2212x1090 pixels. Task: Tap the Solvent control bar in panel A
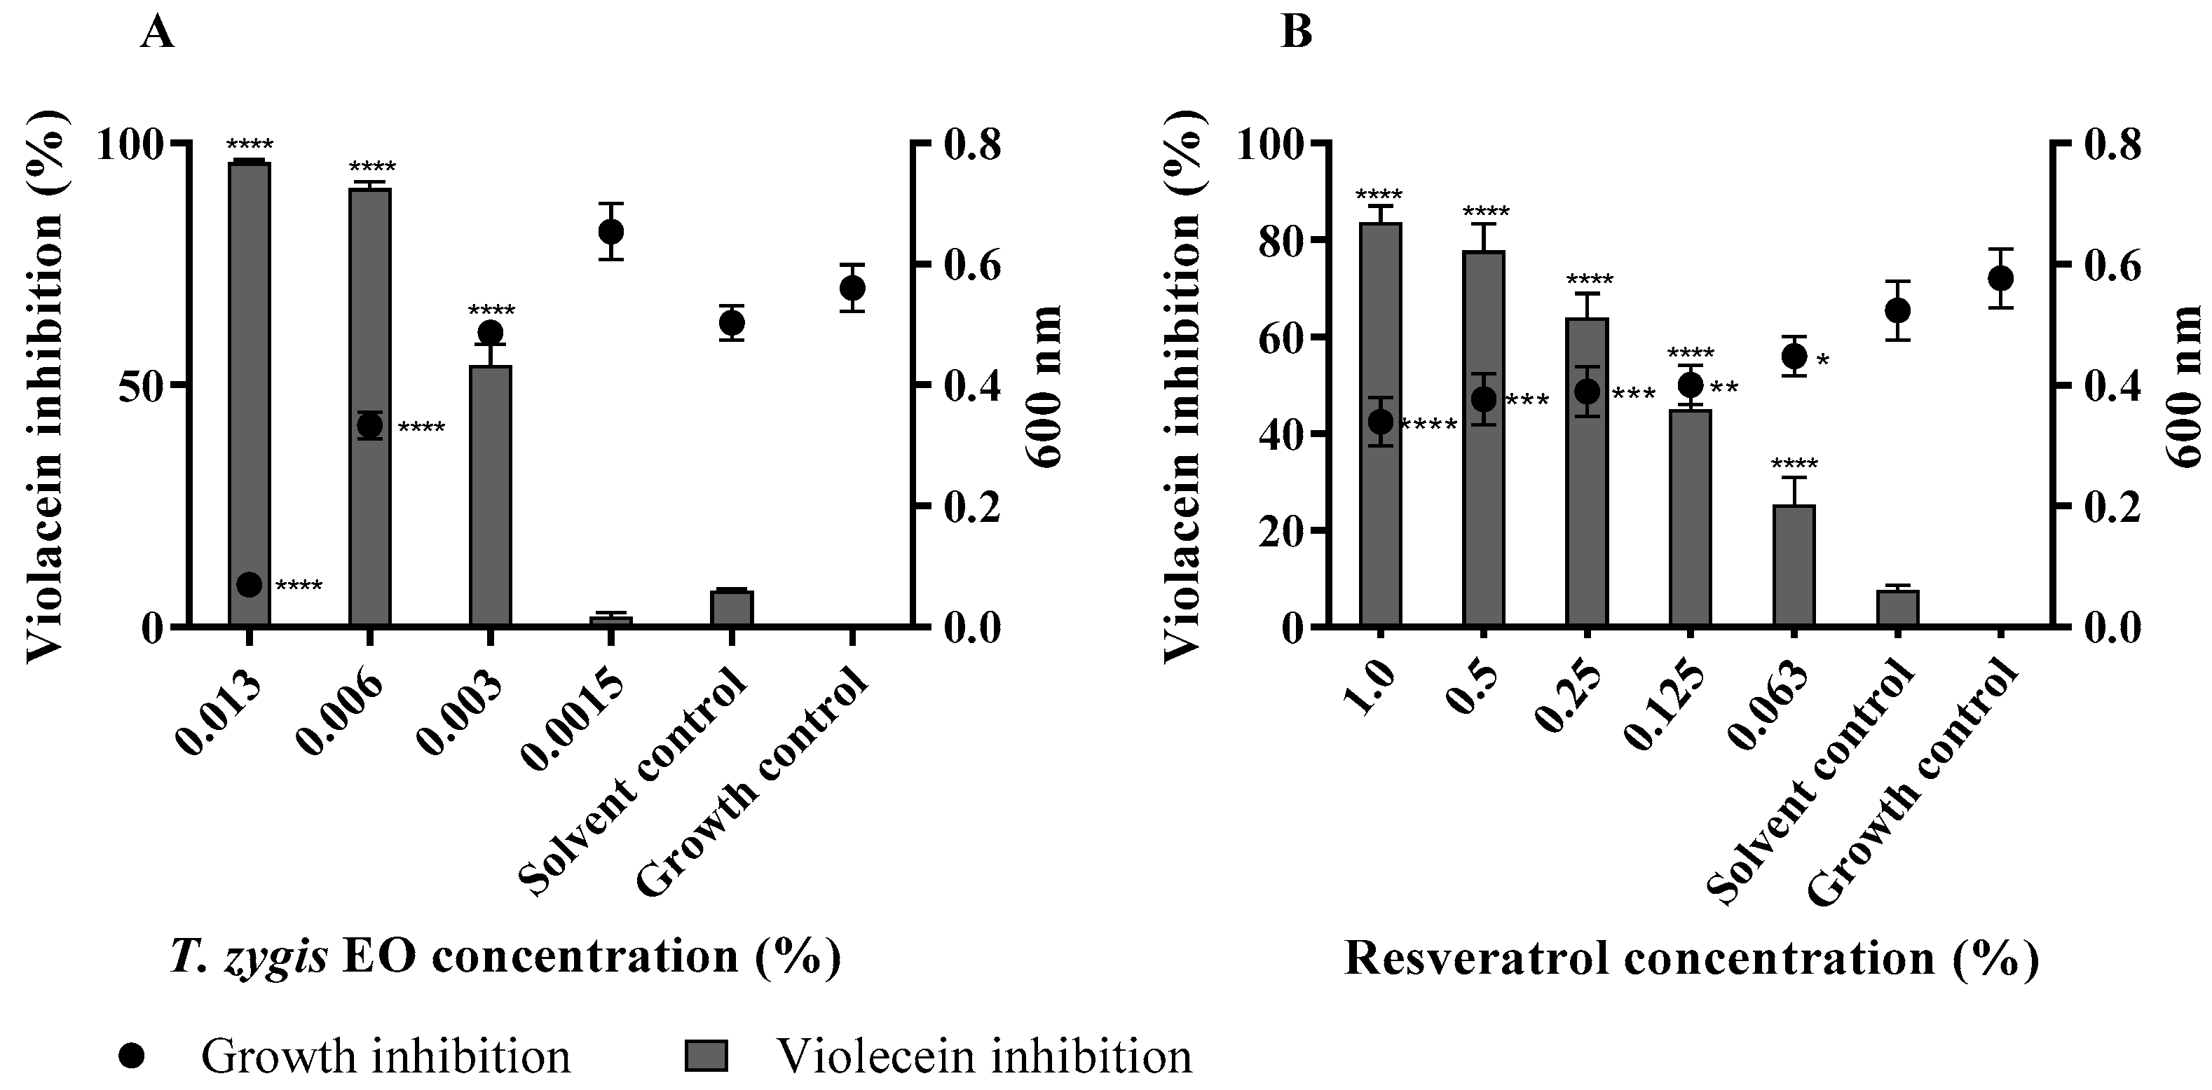click(731, 609)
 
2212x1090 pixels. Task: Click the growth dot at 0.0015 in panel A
click(610, 232)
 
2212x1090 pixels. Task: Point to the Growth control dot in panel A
click(852, 287)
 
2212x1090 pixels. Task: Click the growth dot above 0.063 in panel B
click(1794, 356)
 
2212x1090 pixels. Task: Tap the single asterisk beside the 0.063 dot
click(1823, 361)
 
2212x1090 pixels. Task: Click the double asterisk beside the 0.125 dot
click(1724, 389)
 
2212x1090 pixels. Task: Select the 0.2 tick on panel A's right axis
click(973, 507)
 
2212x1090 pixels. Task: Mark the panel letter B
click(1296, 34)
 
